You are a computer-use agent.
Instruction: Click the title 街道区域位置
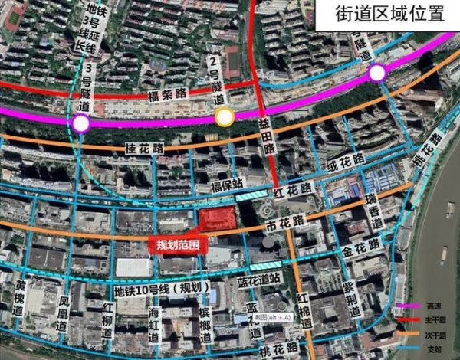389,15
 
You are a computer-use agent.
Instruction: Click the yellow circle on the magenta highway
225,116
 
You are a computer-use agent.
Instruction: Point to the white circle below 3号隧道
81,123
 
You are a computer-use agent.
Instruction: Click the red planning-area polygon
218,219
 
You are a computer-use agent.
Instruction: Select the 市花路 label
284,224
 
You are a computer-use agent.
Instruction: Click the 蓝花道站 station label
271,280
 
